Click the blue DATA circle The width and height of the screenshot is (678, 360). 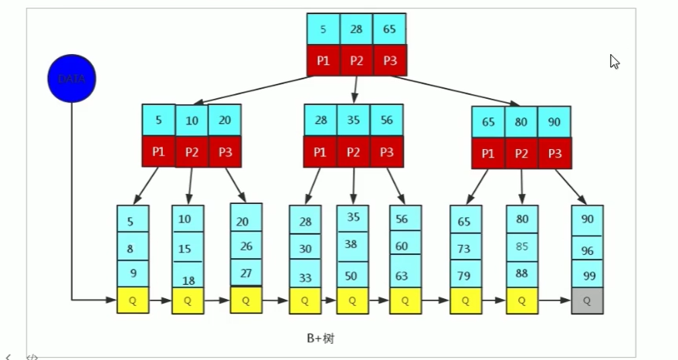click(x=71, y=79)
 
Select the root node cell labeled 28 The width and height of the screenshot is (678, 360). click(x=356, y=29)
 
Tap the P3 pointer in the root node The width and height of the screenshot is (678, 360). click(x=389, y=60)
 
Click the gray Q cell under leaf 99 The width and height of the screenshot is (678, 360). click(x=587, y=301)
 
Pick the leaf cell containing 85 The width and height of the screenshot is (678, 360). click(x=521, y=247)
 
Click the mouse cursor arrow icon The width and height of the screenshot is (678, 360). click(x=615, y=62)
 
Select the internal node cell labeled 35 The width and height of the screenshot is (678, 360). click(x=354, y=121)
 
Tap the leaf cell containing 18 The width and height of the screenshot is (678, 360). click(x=187, y=280)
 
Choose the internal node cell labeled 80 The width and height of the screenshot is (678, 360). click(x=521, y=122)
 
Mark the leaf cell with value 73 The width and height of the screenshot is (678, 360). click(x=465, y=248)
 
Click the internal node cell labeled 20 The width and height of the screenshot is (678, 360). click(x=225, y=121)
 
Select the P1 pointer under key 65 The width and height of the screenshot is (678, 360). click(x=488, y=154)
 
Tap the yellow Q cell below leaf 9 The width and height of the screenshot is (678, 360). click(x=133, y=301)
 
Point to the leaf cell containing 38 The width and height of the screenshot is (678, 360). click(x=352, y=243)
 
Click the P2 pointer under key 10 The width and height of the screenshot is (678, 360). click(x=192, y=152)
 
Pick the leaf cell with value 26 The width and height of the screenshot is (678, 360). click(x=246, y=246)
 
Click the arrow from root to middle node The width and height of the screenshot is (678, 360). click(x=354, y=90)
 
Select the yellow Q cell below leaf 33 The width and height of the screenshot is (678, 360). click(x=304, y=301)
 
